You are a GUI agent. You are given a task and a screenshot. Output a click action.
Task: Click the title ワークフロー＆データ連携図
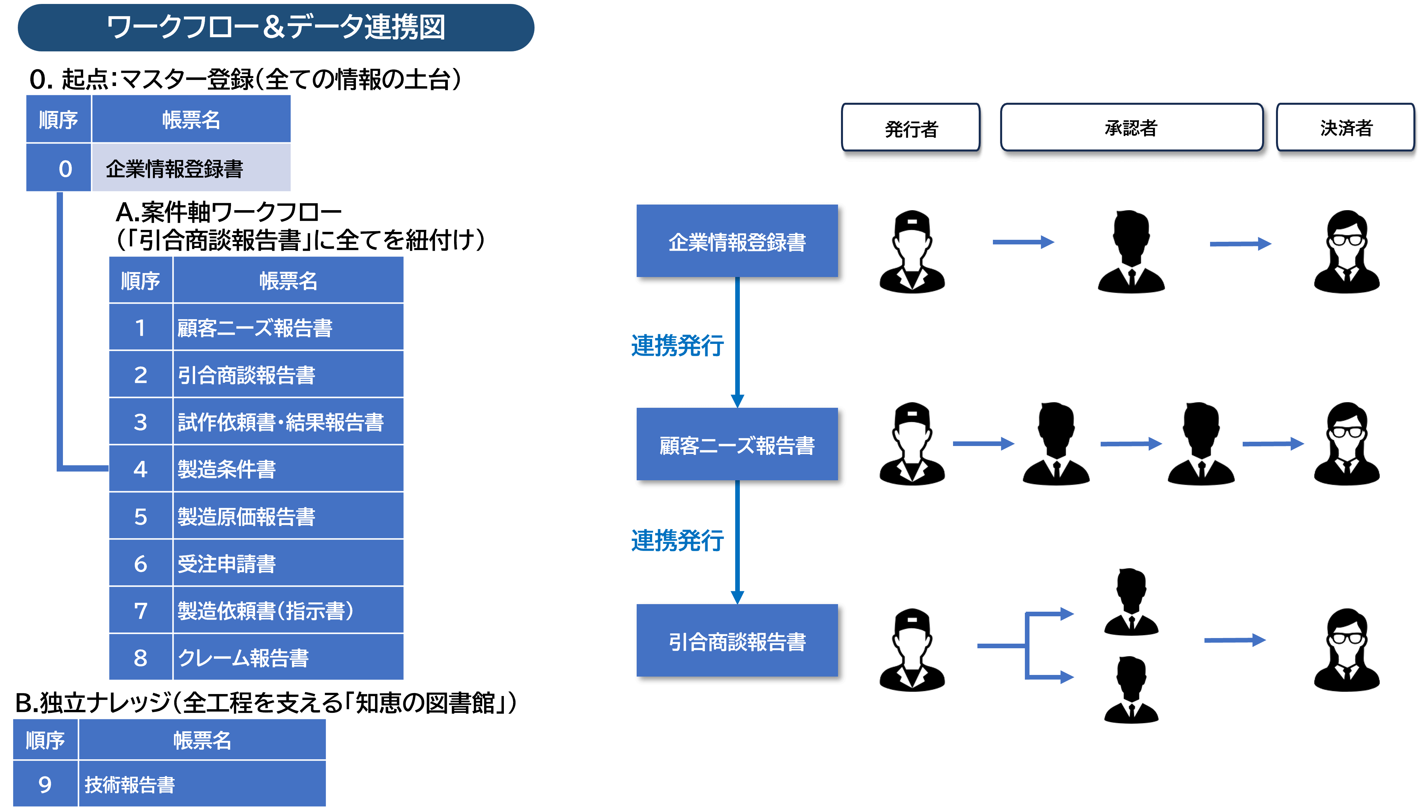(276, 28)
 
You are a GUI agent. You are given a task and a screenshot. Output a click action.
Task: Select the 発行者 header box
(911, 128)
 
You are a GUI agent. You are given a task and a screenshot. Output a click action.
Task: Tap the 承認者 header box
(1131, 128)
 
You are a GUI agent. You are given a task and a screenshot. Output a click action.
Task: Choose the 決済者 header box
(1345, 128)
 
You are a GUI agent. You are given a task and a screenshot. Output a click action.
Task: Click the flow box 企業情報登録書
(737, 241)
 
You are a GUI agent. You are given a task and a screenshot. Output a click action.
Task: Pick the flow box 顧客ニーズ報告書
(737, 444)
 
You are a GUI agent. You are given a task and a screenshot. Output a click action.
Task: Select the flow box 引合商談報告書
(737, 641)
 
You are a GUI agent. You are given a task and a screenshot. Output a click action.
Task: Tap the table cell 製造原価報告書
(288, 516)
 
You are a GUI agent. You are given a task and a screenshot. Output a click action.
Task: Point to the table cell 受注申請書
(288, 563)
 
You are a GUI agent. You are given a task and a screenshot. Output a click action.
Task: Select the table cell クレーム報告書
(288, 657)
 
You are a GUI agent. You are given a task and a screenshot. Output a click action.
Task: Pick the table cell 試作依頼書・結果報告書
(288, 422)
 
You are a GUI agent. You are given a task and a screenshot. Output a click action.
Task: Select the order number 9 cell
(45, 784)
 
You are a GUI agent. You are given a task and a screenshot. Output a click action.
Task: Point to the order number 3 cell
(141, 422)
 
